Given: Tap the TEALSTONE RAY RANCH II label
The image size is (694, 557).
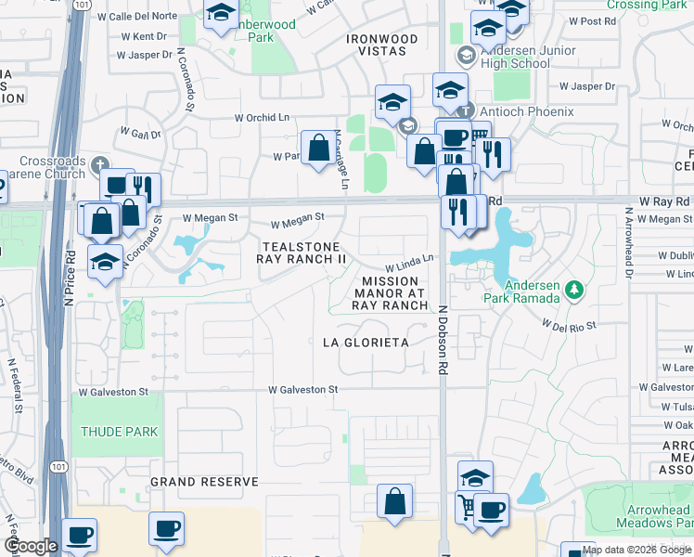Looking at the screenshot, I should pyautogui.click(x=302, y=253).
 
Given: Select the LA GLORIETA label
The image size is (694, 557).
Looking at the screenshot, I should pyautogui.click(x=365, y=343).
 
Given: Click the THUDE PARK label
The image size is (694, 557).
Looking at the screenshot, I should pyautogui.click(x=119, y=432).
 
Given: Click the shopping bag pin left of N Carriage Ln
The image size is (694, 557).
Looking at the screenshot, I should pyautogui.click(x=318, y=148).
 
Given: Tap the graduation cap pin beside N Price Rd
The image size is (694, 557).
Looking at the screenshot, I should pyautogui.click(x=106, y=260).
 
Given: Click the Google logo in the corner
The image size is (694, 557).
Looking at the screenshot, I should pyautogui.click(x=31, y=546).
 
